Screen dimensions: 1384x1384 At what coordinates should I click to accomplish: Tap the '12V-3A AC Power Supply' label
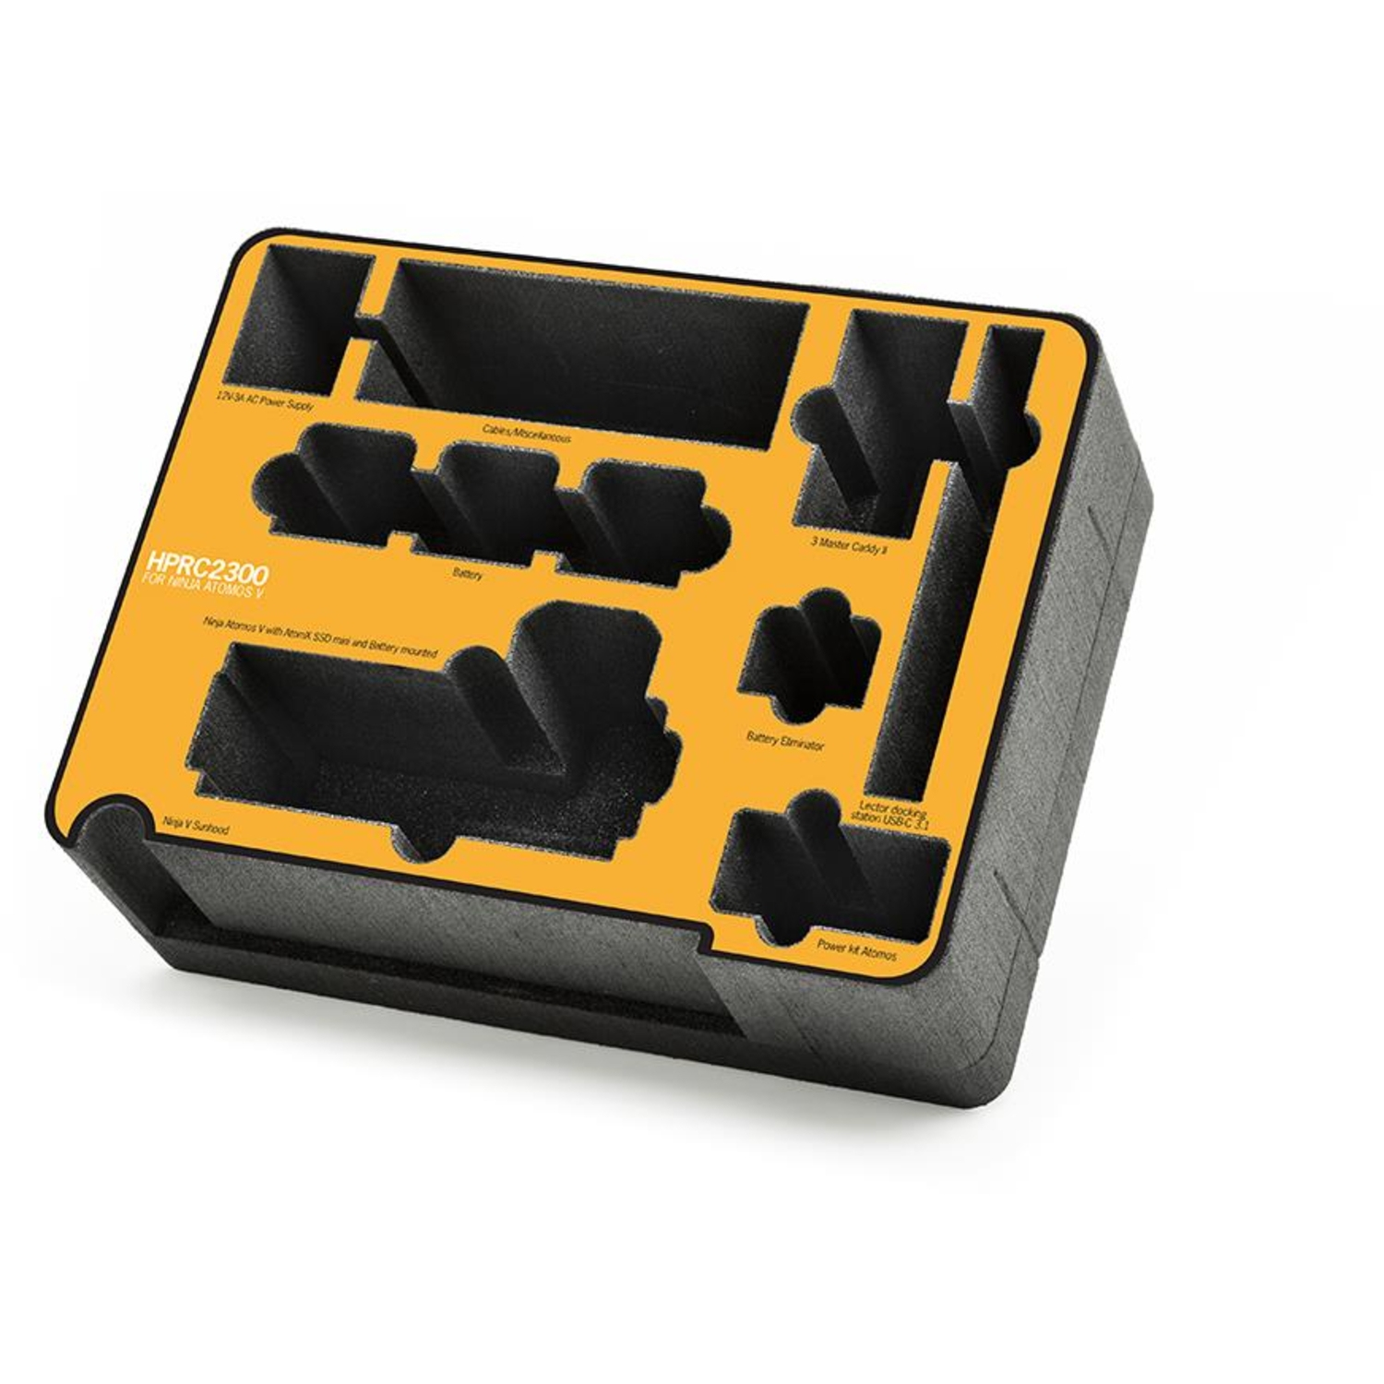click(x=265, y=400)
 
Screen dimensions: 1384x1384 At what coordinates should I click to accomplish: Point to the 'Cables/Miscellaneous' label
click(x=526, y=433)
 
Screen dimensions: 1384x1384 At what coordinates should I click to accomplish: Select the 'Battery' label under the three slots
click(x=468, y=574)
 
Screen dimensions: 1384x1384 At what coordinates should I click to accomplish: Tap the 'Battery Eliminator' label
click(x=784, y=741)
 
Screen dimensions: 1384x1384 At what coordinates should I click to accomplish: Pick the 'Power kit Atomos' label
click(x=856, y=949)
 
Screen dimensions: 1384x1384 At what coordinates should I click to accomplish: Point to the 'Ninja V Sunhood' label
click(x=196, y=824)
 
